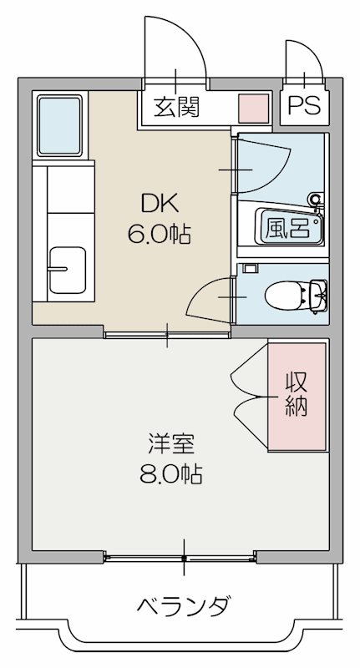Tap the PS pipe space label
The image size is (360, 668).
304,106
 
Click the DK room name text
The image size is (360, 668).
159,203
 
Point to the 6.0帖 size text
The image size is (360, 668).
159,234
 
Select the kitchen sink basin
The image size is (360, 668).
67,269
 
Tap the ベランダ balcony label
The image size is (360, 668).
182,606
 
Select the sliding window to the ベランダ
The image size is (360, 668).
185,556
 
